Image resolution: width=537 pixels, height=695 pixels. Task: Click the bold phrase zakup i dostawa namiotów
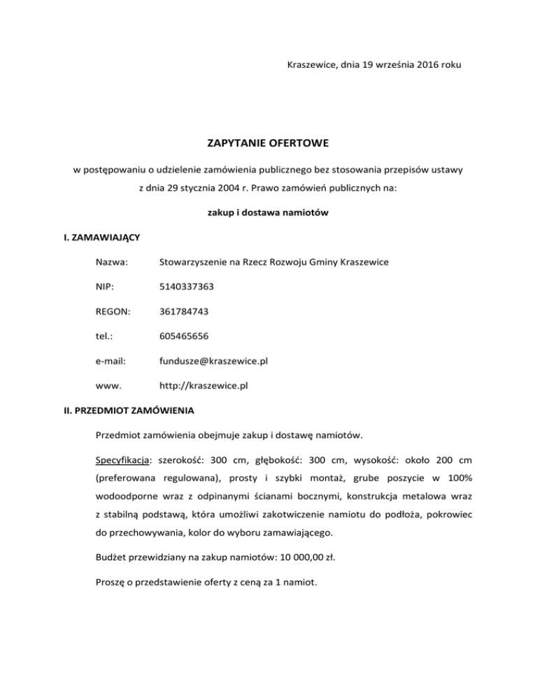tap(268, 213)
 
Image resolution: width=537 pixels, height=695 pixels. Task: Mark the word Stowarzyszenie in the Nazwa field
tap(194, 262)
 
